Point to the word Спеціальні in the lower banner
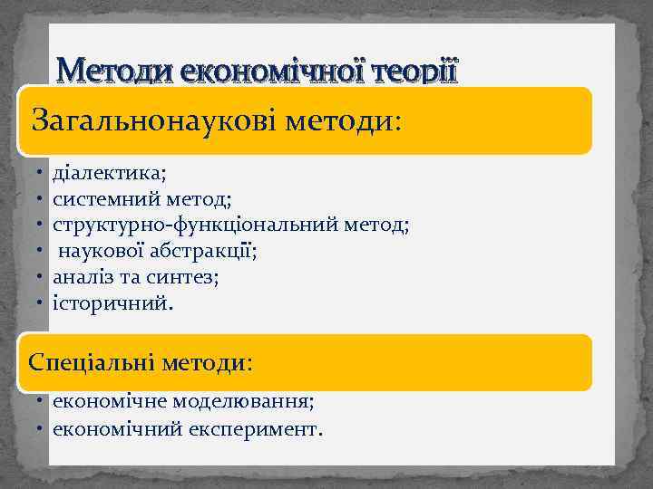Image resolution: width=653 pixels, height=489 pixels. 93,363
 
